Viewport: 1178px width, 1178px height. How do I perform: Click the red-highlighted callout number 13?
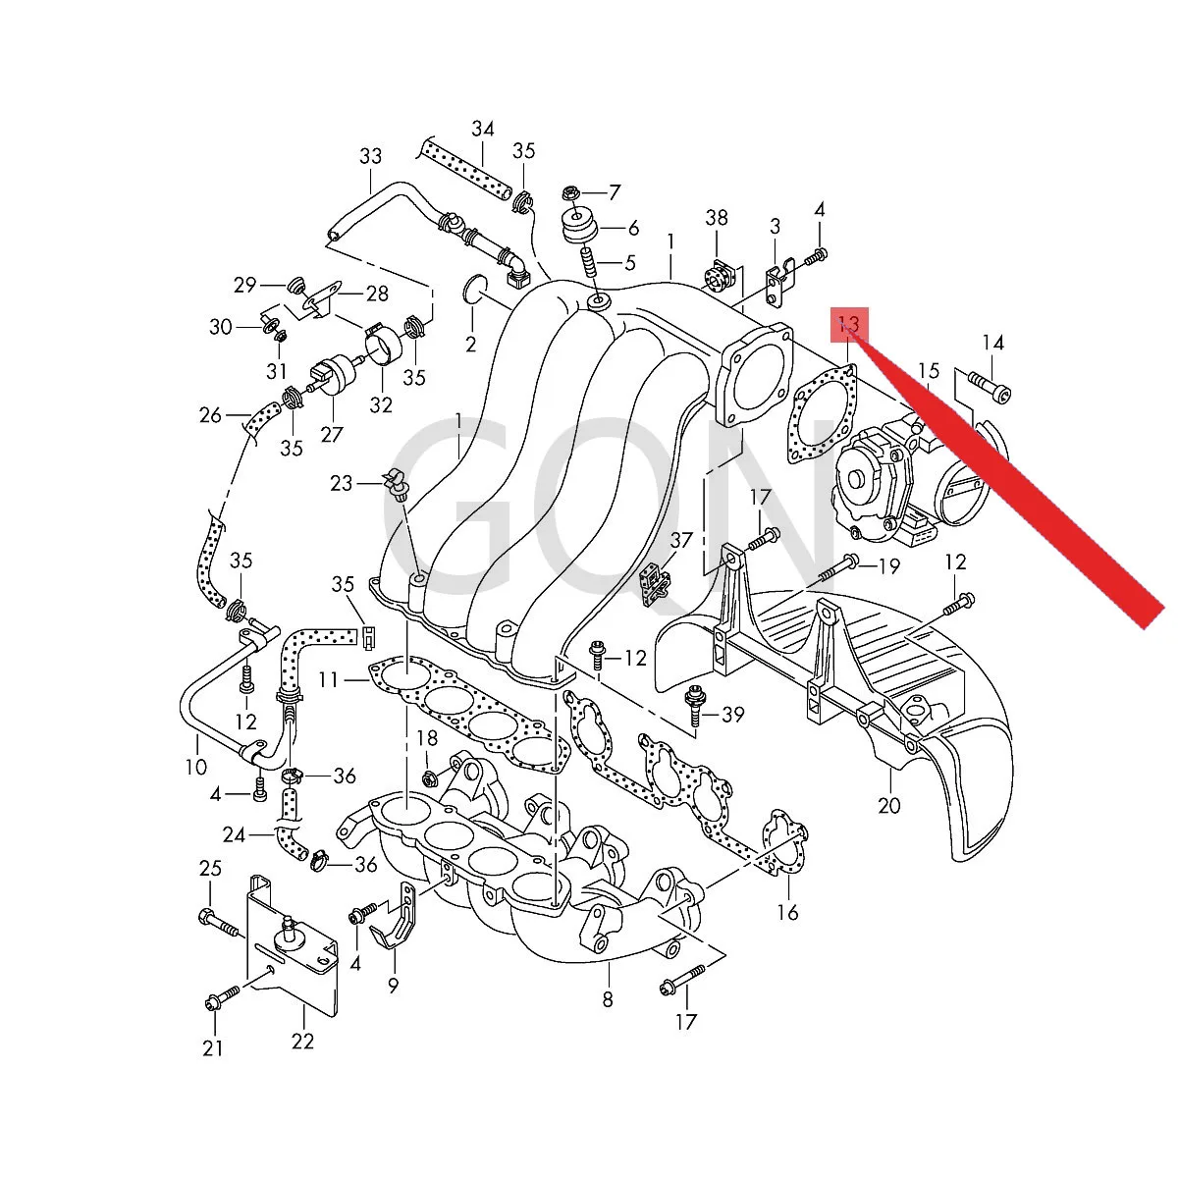(x=848, y=325)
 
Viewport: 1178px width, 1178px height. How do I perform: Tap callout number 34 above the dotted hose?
(x=482, y=129)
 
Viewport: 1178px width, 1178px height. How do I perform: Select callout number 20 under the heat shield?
(x=888, y=805)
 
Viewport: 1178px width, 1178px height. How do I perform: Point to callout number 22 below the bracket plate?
(x=302, y=1041)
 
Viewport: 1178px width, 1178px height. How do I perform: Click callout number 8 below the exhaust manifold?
(x=607, y=999)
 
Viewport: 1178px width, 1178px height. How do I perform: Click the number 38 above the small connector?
(x=717, y=218)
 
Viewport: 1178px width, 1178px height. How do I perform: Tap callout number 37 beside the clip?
(x=681, y=540)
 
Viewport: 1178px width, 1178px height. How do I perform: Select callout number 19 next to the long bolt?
(x=888, y=566)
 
